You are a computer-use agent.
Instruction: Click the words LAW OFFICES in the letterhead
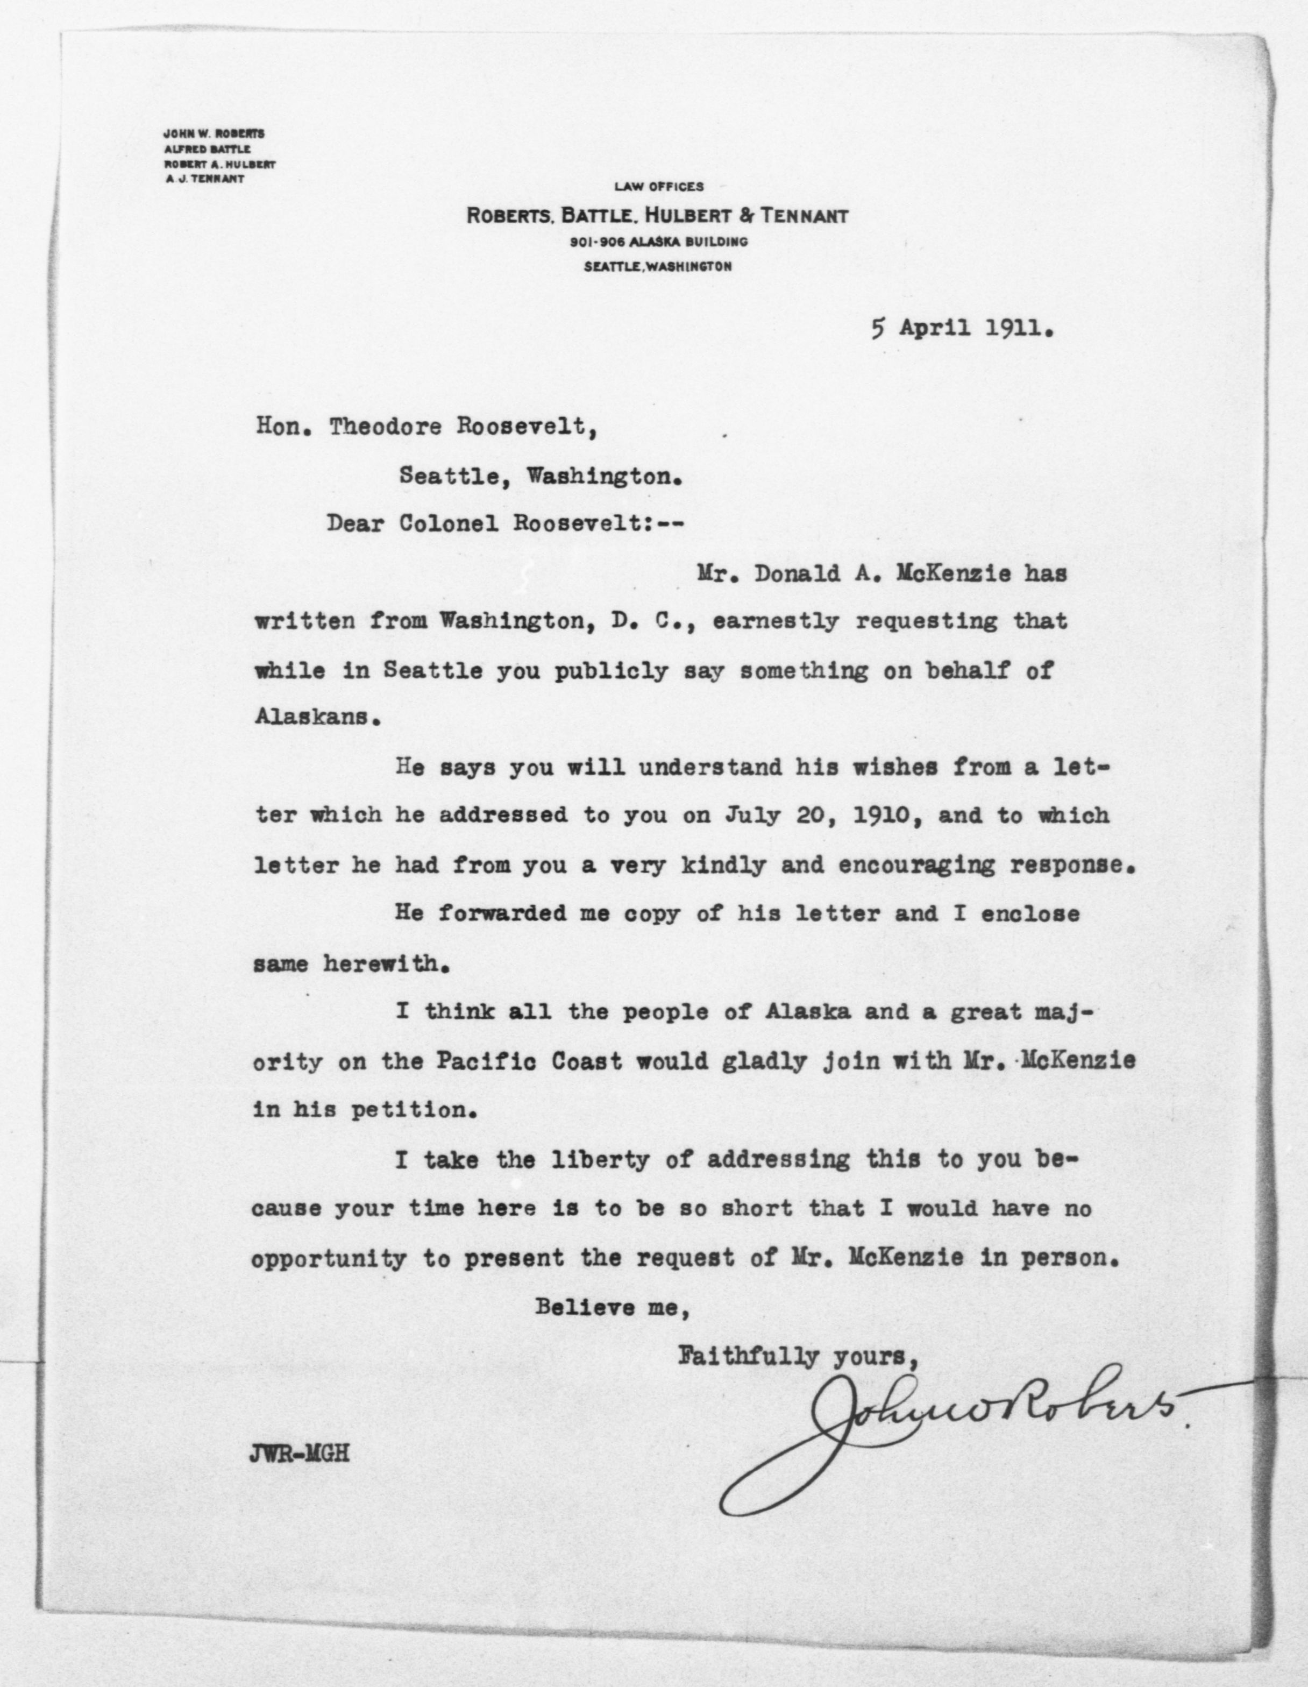[659, 186]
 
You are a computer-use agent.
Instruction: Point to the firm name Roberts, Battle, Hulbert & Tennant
[657, 216]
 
